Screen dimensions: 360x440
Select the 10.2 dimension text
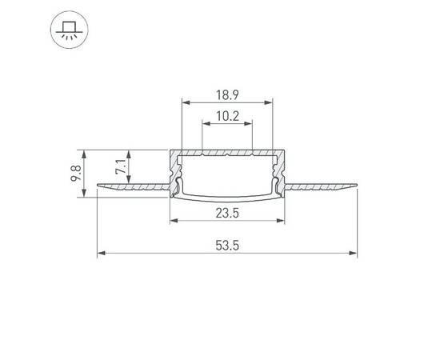(x=228, y=116)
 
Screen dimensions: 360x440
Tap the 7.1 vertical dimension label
(x=119, y=169)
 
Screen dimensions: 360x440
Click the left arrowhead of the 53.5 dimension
(x=101, y=255)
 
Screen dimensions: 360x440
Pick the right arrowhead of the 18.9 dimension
(x=270, y=102)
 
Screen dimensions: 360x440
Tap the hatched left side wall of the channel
(x=174, y=172)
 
